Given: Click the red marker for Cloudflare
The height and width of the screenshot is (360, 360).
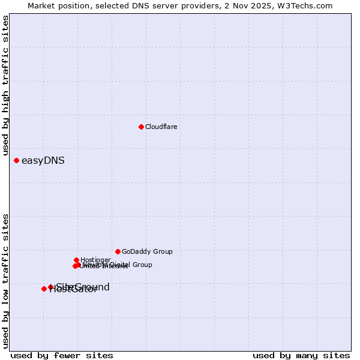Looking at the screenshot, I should pyautogui.click(x=141, y=127).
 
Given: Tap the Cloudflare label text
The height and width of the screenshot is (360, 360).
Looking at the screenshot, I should pyautogui.click(x=161, y=127).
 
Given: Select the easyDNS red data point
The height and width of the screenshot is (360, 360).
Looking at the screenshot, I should pyautogui.click(x=16, y=160).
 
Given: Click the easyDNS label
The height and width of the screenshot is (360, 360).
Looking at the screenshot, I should pyautogui.click(x=43, y=160).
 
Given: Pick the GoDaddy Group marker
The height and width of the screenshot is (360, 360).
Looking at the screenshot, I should pyautogui.click(x=118, y=251).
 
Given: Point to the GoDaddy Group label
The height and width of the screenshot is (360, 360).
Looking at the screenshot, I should pyautogui.click(x=147, y=251).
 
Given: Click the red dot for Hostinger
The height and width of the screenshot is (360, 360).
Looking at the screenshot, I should pyautogui.click(x=76, y=260).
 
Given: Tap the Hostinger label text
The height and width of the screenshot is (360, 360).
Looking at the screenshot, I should pyautogui.click(x=95, y=260).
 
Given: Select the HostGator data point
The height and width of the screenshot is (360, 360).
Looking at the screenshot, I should pyautogui.click(x=44, y=289).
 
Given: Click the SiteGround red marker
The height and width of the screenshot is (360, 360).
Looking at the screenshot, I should pyautogui.click(x=50, y=287).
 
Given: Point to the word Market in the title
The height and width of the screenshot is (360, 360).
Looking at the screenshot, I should pyautogui.click(x=41, y=6).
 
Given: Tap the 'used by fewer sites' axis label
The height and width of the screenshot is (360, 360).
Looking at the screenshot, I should pyautogui.click(x=62, y=356).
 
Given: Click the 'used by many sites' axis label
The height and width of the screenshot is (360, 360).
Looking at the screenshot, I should pyautogui.click(x=301, y=356).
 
